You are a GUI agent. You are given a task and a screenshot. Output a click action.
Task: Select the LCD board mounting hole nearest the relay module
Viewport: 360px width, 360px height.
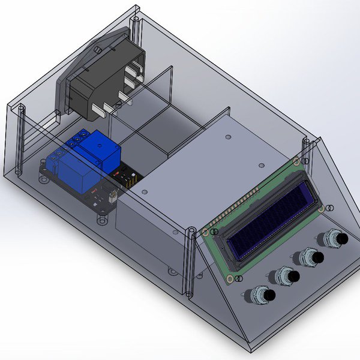206,232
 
